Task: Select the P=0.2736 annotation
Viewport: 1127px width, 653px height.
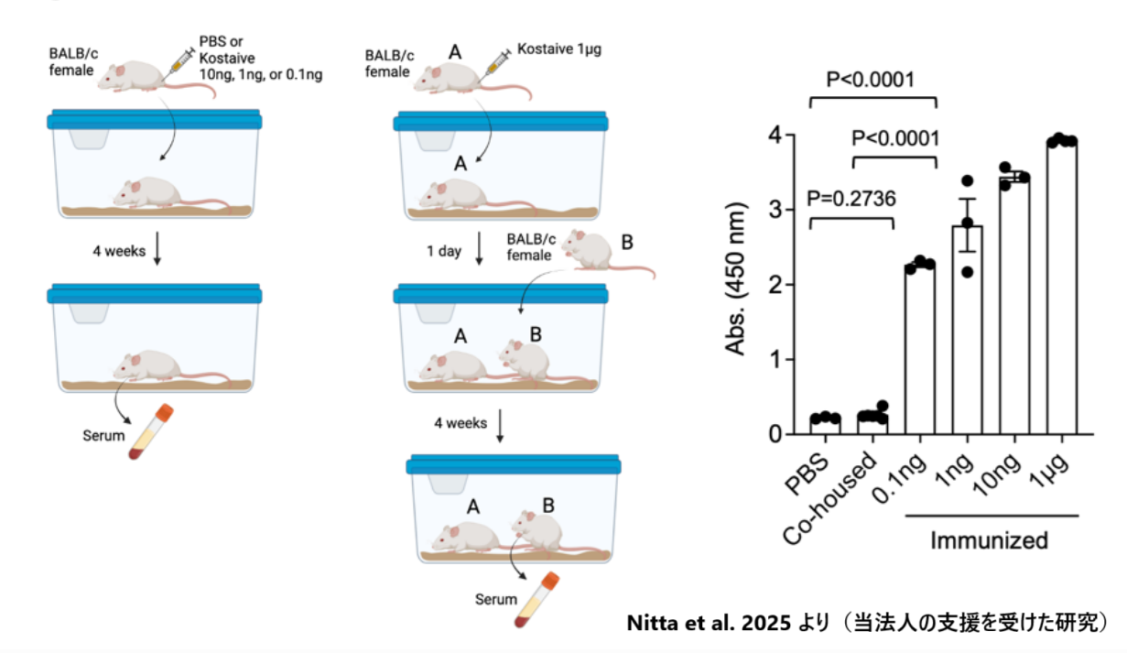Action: [851, 197]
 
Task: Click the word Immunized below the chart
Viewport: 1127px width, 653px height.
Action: [989, 540]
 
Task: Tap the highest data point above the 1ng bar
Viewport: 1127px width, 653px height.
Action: [968, 180]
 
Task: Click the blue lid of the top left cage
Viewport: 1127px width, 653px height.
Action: [156, 119]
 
